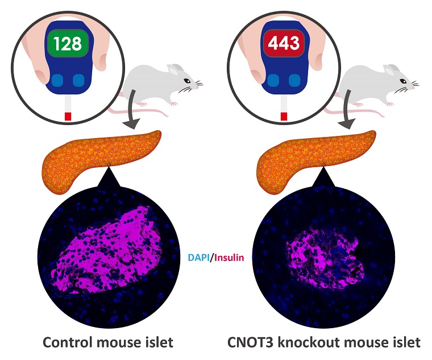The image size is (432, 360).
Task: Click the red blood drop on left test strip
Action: pos(68,117)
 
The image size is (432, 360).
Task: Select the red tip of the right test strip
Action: pos(284,117)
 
